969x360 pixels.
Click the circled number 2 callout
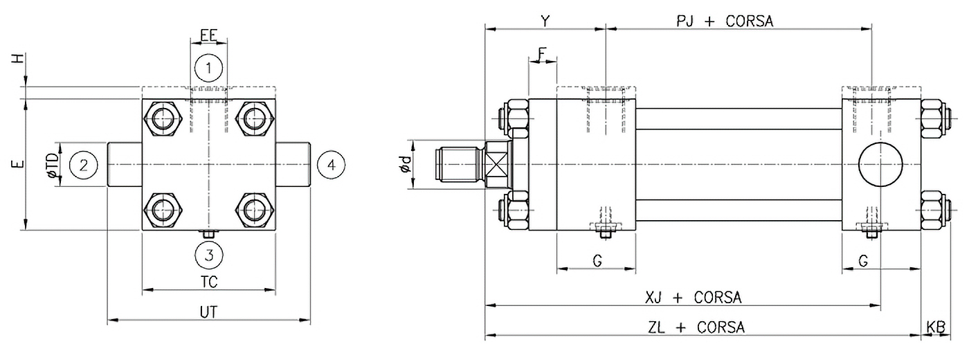(84, 165)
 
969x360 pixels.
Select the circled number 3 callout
(208, 255)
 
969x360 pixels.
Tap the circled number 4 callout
(331, 165)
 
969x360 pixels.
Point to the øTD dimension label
(53, 165)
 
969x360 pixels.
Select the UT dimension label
(208, 312)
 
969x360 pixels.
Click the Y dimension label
(545, 21)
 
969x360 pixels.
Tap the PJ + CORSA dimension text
(725, 21)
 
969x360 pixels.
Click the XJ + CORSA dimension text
(693, 297)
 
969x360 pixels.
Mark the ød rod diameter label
(406, 165)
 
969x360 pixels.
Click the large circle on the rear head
(880, 165)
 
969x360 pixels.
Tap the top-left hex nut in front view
(163, 118)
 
